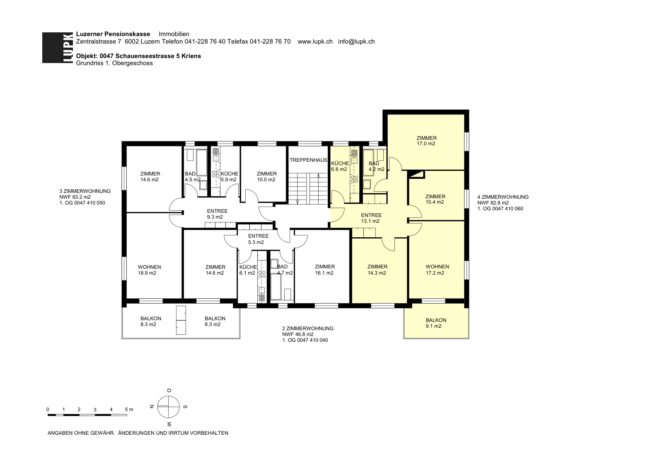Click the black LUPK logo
point(58,48)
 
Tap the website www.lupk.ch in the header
point(315,41)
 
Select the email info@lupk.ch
point(356,41)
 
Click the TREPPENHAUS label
point(308,160)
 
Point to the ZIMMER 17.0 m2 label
point(426,141)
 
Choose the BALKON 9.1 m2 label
point(436,323)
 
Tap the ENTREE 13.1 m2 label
point(371,218)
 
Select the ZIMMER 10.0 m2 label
point(266,177)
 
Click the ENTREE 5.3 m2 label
point(258,239)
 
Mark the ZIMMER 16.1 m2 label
point(325,270)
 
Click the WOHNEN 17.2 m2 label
point(437,270)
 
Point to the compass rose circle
point(168,407)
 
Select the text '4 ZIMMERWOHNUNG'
point(503,197)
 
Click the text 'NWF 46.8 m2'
point(298,334)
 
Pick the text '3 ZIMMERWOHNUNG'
point(85,191)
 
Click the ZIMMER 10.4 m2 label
point(435,199)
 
